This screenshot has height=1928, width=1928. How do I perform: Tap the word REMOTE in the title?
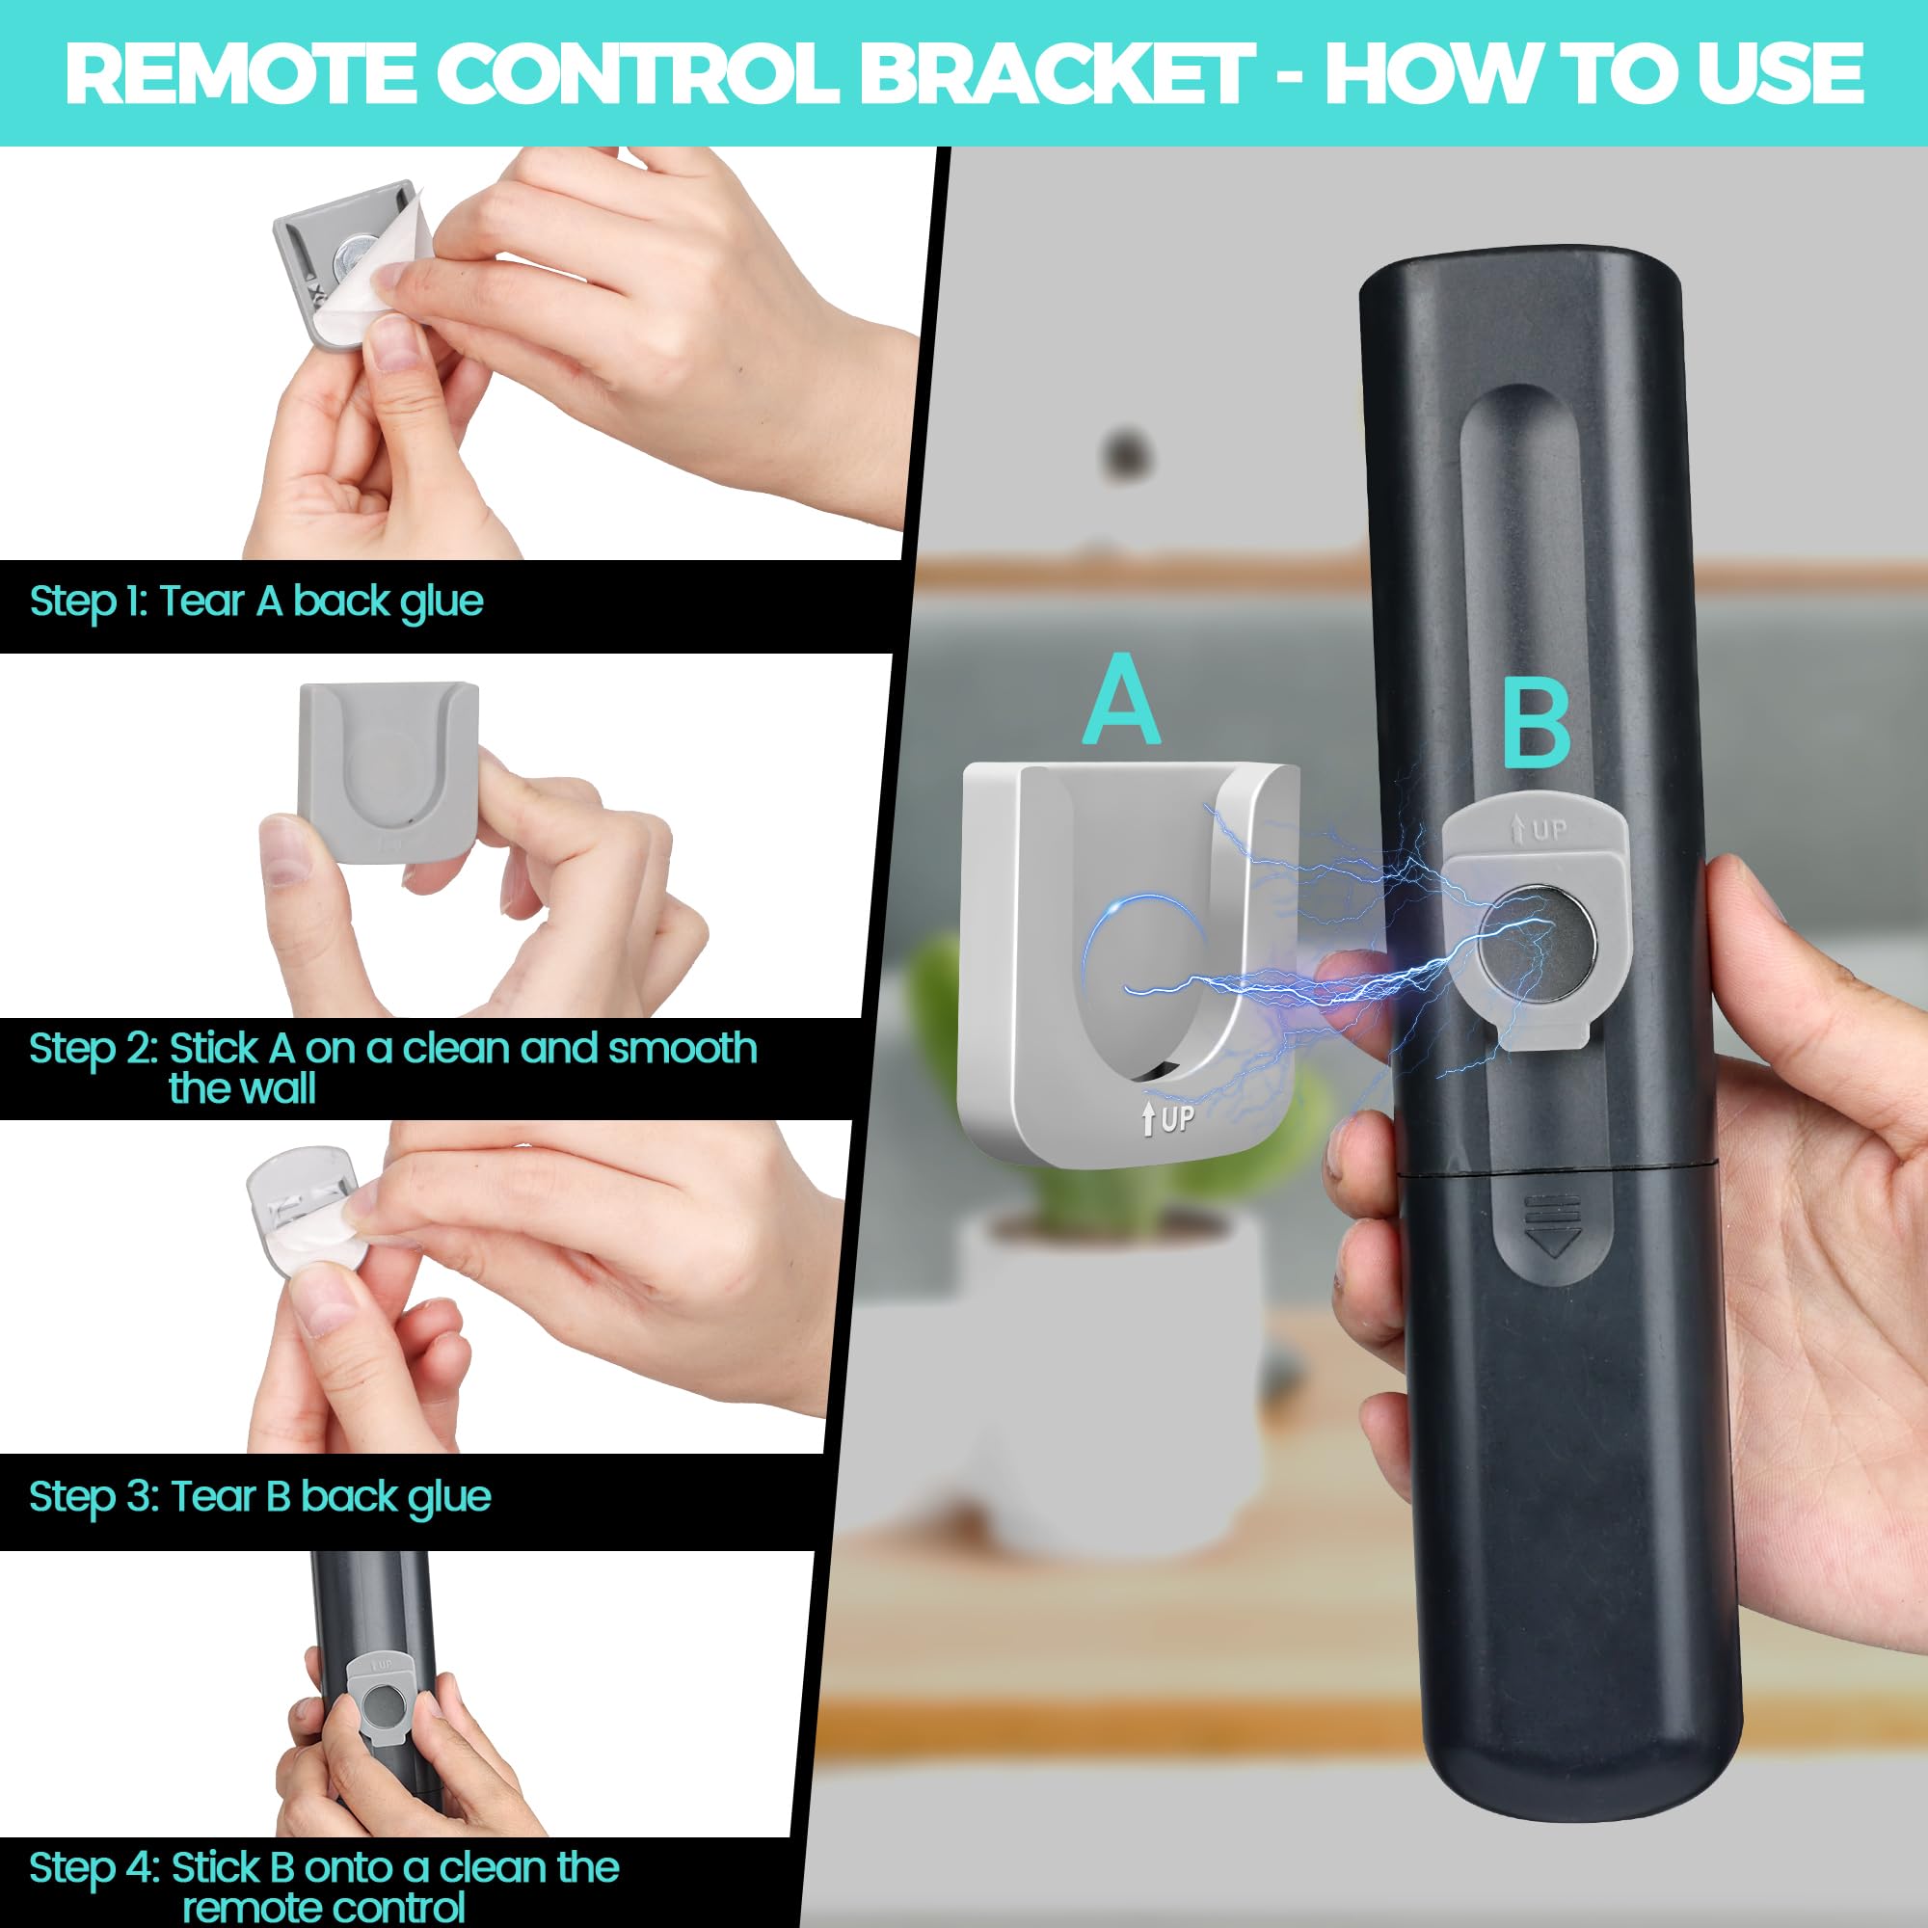[240, 73]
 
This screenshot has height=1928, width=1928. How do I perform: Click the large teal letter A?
[1122, 702]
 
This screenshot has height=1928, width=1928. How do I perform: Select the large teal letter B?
[1536, 728]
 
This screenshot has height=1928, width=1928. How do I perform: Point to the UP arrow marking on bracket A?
[1167, 1118]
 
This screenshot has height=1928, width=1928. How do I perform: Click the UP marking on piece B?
[1540, 829]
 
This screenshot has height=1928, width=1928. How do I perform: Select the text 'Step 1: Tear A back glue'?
[256, 602]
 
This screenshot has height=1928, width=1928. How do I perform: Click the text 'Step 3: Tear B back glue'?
[259, 1497]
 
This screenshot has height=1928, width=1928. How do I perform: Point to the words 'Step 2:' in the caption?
[93, 1049]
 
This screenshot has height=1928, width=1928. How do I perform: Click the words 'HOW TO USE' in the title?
[1593, 73]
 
